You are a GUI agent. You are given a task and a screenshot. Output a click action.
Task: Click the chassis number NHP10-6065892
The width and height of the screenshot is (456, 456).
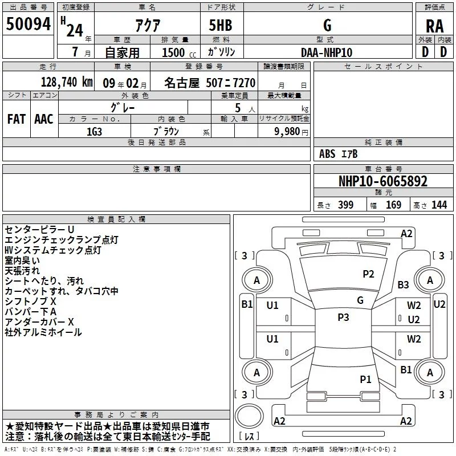(x=382, y=181)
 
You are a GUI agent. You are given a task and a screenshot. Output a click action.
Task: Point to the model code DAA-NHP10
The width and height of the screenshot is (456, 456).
(x=327, y=51)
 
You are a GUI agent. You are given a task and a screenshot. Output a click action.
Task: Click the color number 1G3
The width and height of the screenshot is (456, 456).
(x=94, y=131)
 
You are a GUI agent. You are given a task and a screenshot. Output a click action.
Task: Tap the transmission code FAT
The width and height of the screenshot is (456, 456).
(x=17, y=119)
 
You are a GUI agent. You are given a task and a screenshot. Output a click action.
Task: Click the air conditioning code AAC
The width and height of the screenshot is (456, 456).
(x=44, y=119)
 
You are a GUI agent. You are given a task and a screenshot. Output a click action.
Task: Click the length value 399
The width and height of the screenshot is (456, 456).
(x=345, y=205)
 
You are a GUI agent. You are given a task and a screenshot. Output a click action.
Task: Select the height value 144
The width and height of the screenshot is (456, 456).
(x=439, y=205)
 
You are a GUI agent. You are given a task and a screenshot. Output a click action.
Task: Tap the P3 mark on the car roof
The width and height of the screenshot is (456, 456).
(x=343, y=317)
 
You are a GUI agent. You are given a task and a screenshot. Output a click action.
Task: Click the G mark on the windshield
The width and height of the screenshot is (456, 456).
(x=360, y=300)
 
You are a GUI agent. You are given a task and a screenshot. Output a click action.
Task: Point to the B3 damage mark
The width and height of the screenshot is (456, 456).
(x=404, y=284)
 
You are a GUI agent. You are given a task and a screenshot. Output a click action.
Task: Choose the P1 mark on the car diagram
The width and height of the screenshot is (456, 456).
(x=365, y=378)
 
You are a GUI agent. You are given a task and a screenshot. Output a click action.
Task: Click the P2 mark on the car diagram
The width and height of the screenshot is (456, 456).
(x=368, y=274)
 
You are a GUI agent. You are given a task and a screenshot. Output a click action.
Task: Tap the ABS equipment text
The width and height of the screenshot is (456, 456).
(x=327, y=153)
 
